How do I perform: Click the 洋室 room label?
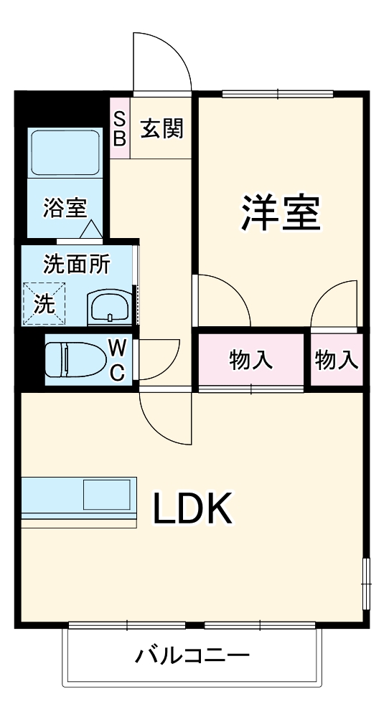280,212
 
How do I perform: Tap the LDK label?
192,510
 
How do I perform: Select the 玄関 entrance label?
161,129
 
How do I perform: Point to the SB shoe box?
120,128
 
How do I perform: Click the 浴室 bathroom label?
65,208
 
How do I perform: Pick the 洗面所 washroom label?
77,265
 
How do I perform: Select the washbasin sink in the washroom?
109,307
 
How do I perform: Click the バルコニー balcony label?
192,655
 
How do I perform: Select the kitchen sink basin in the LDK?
107,495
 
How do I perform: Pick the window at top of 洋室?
278,93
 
